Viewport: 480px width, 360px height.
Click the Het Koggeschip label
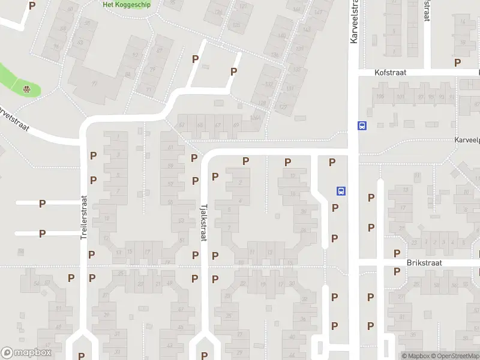(x=127, y=4)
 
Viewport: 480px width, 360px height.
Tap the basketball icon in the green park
(x=27, y=90)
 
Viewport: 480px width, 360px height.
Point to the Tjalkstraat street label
(x=203, y=221)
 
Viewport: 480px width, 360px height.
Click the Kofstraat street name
(x=390, y=72)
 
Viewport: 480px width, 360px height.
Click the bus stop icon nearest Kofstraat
(x=362, y=126)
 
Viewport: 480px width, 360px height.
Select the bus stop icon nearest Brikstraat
(x=341, y=191)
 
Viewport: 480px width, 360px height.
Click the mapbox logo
(x=26, y=353)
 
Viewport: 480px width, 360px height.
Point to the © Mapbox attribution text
(x=416, y=356)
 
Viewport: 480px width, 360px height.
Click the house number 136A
(x=256, y=118)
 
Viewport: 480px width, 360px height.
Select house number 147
(x=307, y=29)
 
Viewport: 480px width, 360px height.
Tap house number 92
(x=135, y=55)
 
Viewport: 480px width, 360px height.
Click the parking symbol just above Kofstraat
(x=458, y=62)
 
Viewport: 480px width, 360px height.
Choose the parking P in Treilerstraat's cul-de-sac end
(x=82, y=355)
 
